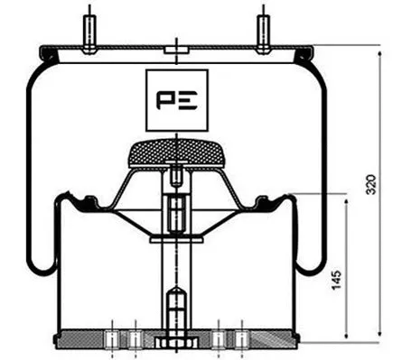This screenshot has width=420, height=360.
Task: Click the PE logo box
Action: (177, 99)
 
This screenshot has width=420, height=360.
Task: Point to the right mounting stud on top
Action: (263, 31)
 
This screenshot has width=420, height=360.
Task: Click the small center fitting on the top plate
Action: (176, 50)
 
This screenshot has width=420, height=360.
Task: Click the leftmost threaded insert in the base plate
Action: (111, 339)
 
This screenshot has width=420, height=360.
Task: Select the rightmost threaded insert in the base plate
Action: (242, 339)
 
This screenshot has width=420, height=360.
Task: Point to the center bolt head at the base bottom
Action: (175, 344)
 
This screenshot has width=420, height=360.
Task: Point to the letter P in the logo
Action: (166, 99)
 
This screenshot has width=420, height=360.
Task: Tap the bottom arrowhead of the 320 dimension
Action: (380, 336)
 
